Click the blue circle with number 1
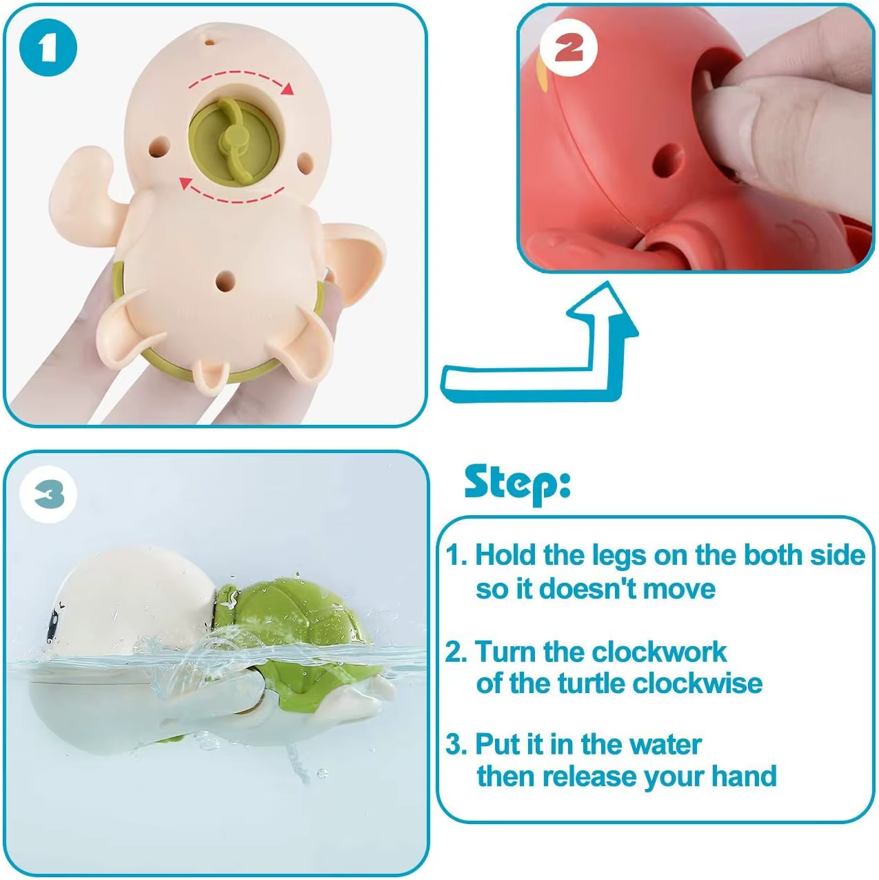(48, 48)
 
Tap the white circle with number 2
(569, 48)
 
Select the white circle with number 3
(48, 494)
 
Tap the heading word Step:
(517, 482)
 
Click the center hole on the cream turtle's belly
(225, 280)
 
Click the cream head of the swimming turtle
(131, 600)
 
